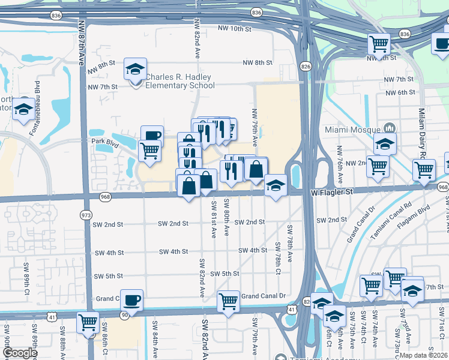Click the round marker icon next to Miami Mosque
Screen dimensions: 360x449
pyautogui.click(x=389, y=128)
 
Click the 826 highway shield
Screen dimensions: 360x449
pyautogui.click(x=306, y=67)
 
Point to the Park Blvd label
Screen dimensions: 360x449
pyautogui.click(x=102, y=142)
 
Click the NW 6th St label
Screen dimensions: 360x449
pyautogui.click(x=401, y=92)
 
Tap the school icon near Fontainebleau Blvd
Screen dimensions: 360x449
pyautogui.click(x=23, y=109)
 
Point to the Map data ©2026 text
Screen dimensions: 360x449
pyautogui.click(x=423, y=355)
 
